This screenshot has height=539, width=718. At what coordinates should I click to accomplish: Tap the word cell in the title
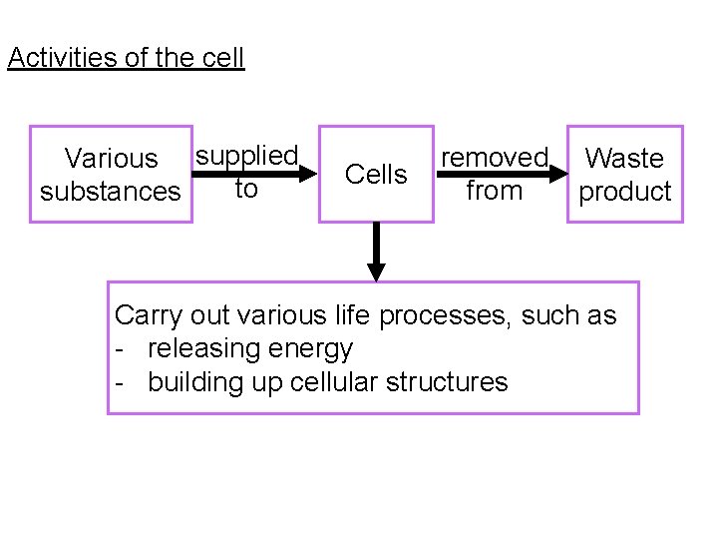[222, 58]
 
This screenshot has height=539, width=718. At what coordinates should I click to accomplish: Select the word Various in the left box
[111, 159]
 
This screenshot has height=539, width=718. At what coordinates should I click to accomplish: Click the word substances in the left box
[111, 191]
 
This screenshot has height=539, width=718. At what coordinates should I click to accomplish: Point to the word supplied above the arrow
[246, 156]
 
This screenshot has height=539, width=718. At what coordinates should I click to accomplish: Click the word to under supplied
[246, 190]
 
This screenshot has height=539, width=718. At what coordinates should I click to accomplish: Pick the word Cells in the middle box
[376, 175]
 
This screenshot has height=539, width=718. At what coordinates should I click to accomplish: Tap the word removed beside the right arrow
[495, 158]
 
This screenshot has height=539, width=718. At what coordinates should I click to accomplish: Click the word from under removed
[495, 190]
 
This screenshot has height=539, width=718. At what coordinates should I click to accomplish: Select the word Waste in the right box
[624, 159]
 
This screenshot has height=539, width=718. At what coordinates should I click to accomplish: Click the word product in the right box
[625, 192]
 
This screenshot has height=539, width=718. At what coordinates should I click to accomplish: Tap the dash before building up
[120, 381]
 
